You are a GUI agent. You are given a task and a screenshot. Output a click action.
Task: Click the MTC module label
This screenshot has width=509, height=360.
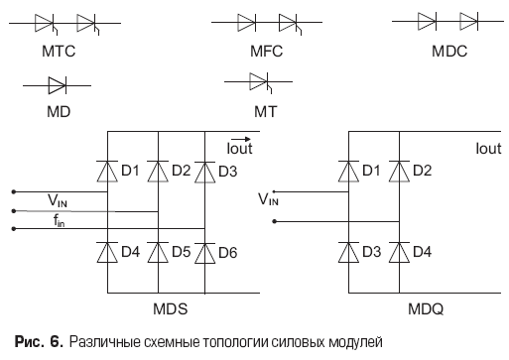tap(59, 52)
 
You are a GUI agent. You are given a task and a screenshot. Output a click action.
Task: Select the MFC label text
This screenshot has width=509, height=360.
tap(266, 52)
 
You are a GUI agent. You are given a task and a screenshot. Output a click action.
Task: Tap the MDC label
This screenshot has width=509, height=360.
tap(449, 52)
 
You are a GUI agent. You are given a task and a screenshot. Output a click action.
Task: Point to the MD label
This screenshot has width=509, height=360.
tap(59, 112)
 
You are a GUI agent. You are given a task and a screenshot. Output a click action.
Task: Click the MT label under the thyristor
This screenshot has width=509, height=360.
tap(266, 112)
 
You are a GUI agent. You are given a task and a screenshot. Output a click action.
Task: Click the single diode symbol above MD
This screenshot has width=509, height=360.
tap(58, 85)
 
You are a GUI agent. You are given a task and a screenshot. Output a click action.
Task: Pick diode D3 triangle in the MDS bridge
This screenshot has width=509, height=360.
tap(204, 173)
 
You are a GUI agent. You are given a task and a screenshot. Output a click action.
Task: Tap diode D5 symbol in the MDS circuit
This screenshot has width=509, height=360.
tap(158, 253)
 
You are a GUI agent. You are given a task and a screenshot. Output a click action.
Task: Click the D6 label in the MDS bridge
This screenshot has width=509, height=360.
tap(228, 253)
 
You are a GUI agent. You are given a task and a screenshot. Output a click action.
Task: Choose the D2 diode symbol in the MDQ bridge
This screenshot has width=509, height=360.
tap(399, 172)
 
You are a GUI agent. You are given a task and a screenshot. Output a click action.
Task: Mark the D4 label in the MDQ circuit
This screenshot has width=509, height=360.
tap(422, 252)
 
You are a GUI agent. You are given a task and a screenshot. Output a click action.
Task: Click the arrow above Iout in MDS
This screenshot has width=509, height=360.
tap(240, 139)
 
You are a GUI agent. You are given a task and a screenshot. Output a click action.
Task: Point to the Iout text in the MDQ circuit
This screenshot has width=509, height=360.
tap(488, 149)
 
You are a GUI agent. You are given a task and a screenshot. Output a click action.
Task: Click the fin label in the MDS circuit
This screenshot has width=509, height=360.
tap(60, 220)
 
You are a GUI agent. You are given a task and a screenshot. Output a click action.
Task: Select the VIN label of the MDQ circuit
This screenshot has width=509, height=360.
tap(268, 199)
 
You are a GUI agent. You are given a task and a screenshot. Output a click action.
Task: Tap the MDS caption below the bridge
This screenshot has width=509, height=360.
tap(171, 309)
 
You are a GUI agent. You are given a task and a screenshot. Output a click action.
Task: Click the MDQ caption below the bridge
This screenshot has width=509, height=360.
tap(426, 309)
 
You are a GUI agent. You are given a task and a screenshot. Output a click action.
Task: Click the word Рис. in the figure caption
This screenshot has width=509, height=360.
tap(29, 341)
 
